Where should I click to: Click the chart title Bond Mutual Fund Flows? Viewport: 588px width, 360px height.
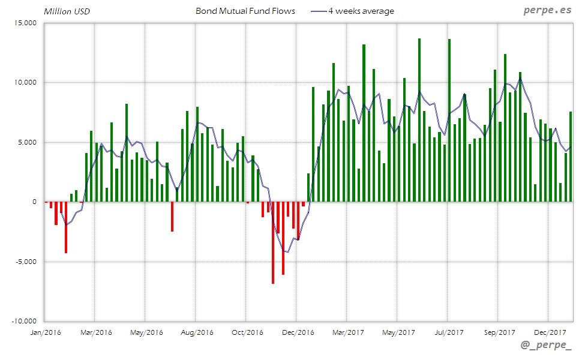coord(245,11)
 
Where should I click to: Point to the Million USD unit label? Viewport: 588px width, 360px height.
coord(67,11)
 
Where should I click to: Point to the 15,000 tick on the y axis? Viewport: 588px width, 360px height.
coord(26,23)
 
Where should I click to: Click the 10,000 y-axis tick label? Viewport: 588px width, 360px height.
coord(26,82)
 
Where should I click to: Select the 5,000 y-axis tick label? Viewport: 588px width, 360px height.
coord(28,142)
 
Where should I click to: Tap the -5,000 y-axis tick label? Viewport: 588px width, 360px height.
coord(26,262)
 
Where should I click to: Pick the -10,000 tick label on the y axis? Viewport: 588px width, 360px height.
coord(25,321)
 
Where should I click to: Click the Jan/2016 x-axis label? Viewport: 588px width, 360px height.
coord(45,332)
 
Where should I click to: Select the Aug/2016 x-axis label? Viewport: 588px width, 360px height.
coord(196,332)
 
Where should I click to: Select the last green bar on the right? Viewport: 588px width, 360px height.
coord(570,157)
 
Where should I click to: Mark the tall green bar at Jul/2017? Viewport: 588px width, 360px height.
coord(449,120)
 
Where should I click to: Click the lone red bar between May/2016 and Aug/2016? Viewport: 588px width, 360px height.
coord(172,217)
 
